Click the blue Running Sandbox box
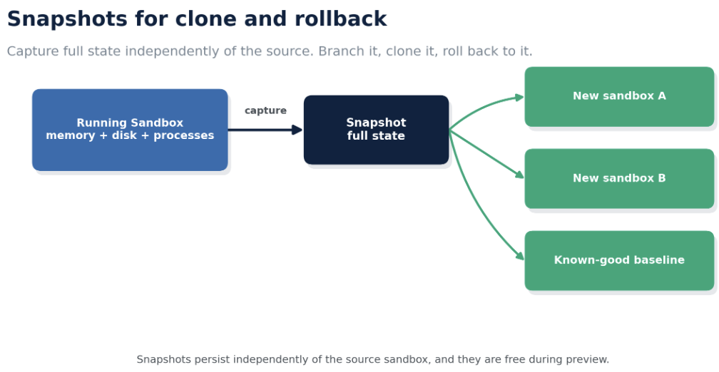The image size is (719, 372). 130,130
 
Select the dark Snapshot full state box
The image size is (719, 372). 376,130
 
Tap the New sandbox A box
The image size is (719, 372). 619,97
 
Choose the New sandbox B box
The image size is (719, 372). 619,179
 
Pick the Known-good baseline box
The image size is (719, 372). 619,260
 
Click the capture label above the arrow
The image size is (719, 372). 265,111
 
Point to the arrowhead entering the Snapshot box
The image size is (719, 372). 297,130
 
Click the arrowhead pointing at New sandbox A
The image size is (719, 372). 519,97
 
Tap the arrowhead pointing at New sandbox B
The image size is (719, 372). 519,175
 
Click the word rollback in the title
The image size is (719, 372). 341,19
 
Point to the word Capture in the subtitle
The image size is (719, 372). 33,51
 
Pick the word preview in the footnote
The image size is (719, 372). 588,360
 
